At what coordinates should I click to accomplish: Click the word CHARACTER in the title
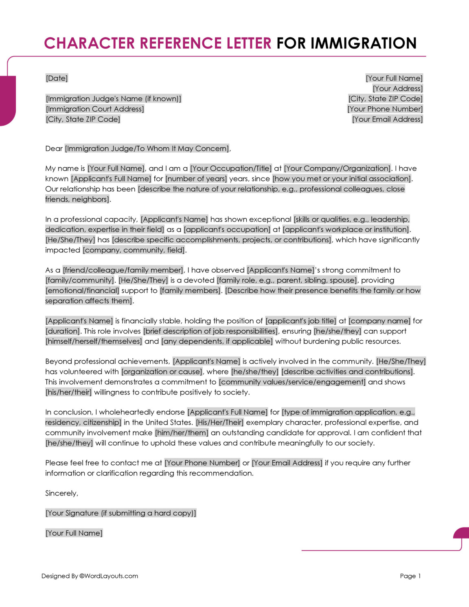89,43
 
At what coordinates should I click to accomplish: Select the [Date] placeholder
57,78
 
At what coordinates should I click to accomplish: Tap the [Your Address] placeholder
397,88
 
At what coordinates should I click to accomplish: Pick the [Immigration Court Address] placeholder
95,109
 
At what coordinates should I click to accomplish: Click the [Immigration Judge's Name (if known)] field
114,99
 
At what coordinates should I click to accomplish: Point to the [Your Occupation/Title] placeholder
231,168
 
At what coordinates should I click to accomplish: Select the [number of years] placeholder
196,178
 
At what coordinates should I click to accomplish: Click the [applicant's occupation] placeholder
227,229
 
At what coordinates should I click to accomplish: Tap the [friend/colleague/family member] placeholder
123,270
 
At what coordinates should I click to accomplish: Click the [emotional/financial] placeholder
82,290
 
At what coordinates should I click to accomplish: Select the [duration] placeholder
63,331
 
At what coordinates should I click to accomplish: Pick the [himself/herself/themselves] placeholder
94,341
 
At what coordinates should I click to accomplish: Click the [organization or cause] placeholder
162,371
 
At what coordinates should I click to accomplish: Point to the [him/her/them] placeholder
182,432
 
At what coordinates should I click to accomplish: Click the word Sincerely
61,493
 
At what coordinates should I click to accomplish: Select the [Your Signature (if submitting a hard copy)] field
121,513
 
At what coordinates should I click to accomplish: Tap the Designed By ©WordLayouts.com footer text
90,576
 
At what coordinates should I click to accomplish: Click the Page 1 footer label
410,576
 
